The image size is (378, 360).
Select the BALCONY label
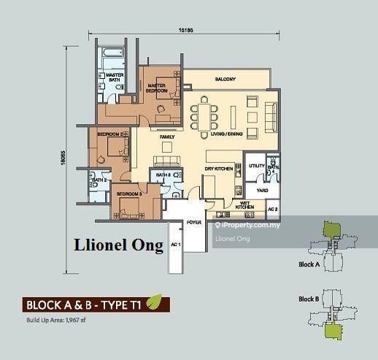(x=225, y=80)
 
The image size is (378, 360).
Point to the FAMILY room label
(x=168, y=137)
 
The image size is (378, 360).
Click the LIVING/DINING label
(x=225, y=135)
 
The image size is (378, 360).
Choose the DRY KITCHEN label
(x=220, y=169)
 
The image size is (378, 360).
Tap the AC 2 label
(x=271, y=210)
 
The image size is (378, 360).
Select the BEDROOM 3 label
(x=127, y=194)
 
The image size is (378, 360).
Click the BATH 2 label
(x=99, y=180)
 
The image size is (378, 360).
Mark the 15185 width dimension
(x=185, y=31)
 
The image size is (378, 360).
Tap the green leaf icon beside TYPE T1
(x=154, y=302)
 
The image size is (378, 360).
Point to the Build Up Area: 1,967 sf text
(x=57, y=319)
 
